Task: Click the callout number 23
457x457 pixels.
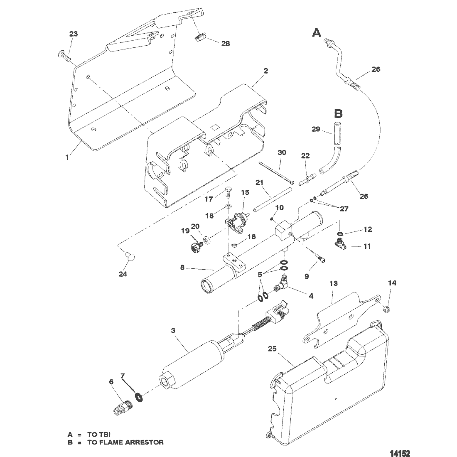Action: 74,34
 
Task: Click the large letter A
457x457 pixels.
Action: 317,33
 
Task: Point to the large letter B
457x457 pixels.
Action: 338,113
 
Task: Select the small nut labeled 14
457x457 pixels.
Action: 386,309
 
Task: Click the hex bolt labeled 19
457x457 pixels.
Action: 195,247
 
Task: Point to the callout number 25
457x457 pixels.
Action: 272,349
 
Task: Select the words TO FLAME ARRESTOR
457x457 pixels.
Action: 125,442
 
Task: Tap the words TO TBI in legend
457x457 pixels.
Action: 99,435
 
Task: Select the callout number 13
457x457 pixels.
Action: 334,283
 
